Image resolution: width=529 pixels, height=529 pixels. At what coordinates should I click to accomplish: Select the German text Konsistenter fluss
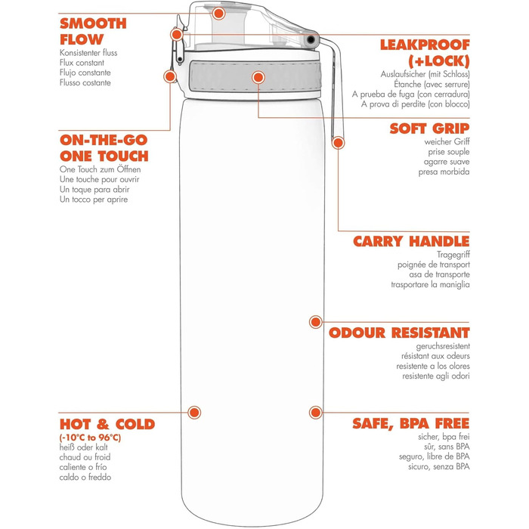88,53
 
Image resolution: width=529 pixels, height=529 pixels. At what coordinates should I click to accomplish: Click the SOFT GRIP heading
429,128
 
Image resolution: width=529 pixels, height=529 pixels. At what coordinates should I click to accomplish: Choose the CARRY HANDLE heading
411,242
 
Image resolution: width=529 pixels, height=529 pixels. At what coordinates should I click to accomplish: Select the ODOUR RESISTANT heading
399,333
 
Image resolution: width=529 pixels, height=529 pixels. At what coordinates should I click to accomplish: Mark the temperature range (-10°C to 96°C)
90,438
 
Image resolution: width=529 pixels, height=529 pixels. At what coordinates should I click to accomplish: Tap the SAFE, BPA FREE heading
410,423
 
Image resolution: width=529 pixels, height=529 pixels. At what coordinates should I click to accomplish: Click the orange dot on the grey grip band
259,77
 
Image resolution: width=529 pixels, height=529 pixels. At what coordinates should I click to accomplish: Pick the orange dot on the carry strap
338,141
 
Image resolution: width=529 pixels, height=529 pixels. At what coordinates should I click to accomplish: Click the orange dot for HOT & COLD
194,412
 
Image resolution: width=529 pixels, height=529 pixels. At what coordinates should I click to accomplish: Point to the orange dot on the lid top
218,13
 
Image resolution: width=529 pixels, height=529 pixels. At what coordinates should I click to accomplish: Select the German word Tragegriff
453,255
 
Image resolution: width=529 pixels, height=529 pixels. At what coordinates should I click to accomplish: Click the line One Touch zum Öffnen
100,170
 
